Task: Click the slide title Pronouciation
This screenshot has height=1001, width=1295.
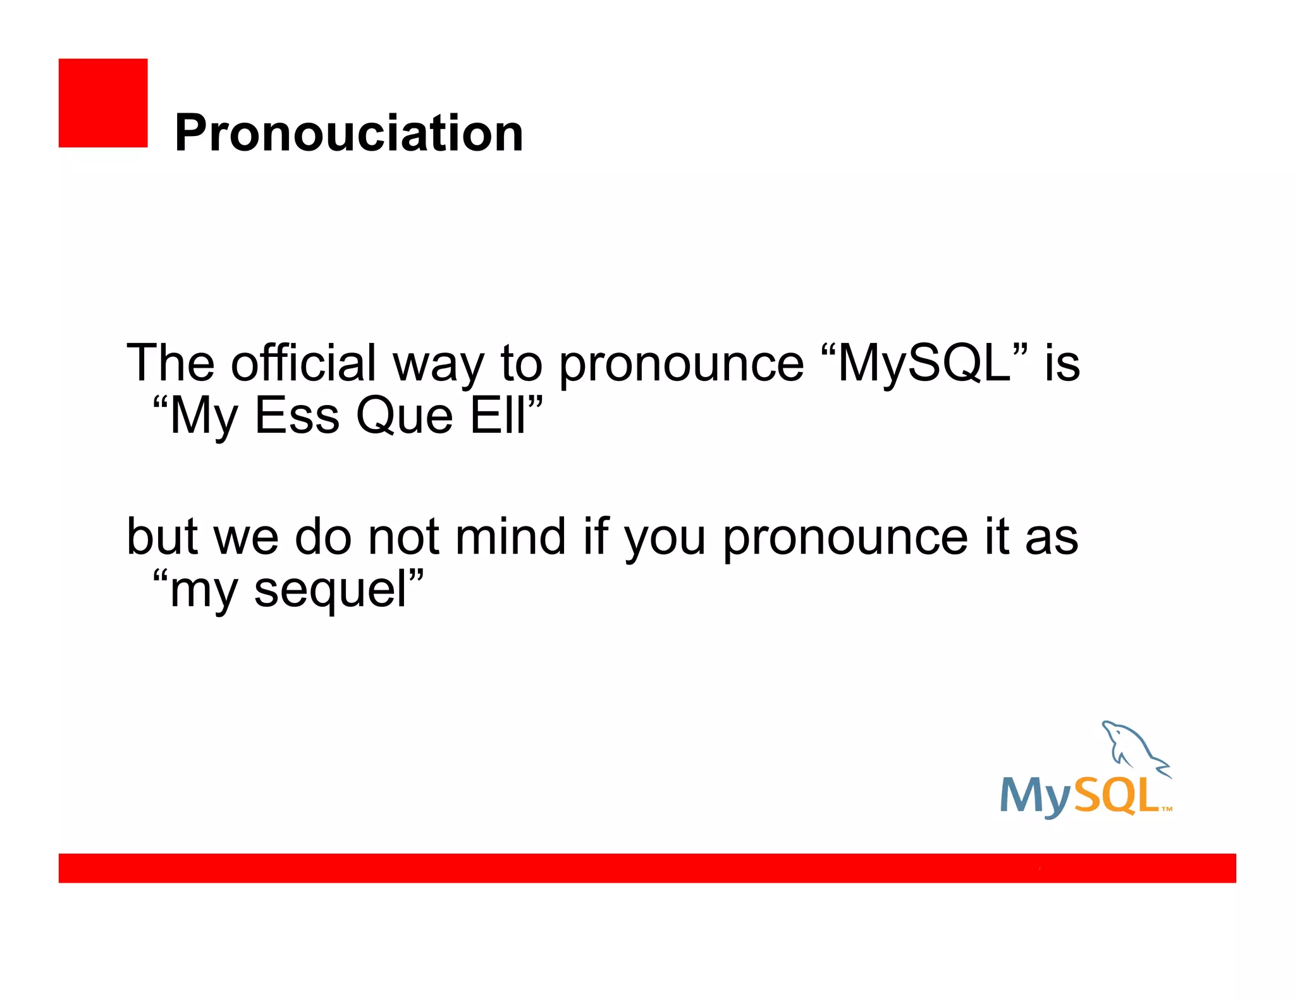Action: coord(348,134)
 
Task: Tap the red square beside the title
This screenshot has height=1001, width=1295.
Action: coord(103,103)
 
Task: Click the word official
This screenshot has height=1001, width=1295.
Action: coord(303,364)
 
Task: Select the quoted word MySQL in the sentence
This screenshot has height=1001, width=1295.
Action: coord(924,364)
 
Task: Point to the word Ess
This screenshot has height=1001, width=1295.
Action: coord(297,416)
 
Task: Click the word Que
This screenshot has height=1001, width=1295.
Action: coord(404,416)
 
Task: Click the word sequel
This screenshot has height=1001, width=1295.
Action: coord(330,590)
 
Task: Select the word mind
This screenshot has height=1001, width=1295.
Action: coord(510,537)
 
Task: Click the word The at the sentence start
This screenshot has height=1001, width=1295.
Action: coord(171,364)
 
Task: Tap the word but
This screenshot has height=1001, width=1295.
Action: coord(163,537)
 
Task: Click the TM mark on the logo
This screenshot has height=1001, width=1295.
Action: coord(1167,809)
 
